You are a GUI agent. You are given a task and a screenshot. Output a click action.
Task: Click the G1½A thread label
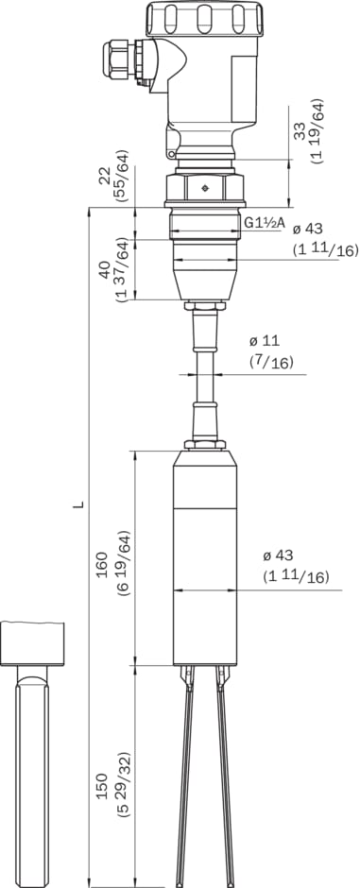click(x=264, y=224)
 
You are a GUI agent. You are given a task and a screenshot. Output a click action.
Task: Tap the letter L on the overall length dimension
click(x=81, y=503)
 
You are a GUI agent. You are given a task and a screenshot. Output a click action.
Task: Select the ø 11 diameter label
click(x=264, y=341)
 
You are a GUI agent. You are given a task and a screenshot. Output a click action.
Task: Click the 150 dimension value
click(x=102, y=786)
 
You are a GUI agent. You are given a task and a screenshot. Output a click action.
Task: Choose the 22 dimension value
click(x=104, y=175)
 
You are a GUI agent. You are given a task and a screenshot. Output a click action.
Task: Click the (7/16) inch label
click(x=271, y=362)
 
